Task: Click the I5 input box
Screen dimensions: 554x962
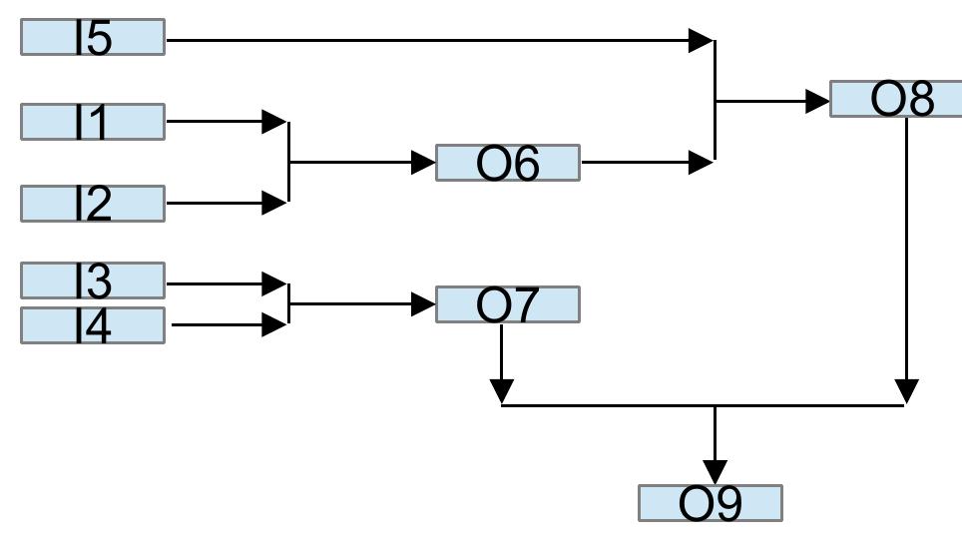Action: tap(93, 37)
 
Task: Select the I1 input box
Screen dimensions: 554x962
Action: tap(93, 122)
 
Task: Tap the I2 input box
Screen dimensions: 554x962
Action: tap(93, 204)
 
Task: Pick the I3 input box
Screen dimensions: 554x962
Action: tap(93, 280)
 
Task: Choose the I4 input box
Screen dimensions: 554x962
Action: tap(93, 325)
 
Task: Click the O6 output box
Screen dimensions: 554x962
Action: tap(507, 163)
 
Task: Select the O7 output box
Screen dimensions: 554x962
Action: tap(507, 304)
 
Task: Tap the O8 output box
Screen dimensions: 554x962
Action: tap(895, 100)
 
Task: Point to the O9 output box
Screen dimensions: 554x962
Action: tap(710, 503)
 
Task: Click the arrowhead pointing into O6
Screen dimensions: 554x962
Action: tap(423, 162)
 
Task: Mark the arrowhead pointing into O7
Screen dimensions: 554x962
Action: tap(423, 303)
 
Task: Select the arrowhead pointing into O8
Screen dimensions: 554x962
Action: tap(817, 101)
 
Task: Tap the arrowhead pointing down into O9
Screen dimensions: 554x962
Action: tap(715, 471)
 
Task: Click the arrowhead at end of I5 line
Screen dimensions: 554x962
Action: tap(702, 41)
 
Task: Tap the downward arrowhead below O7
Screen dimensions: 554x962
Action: tap(502, 391)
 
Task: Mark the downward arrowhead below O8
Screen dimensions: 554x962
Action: tap(906, 391)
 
